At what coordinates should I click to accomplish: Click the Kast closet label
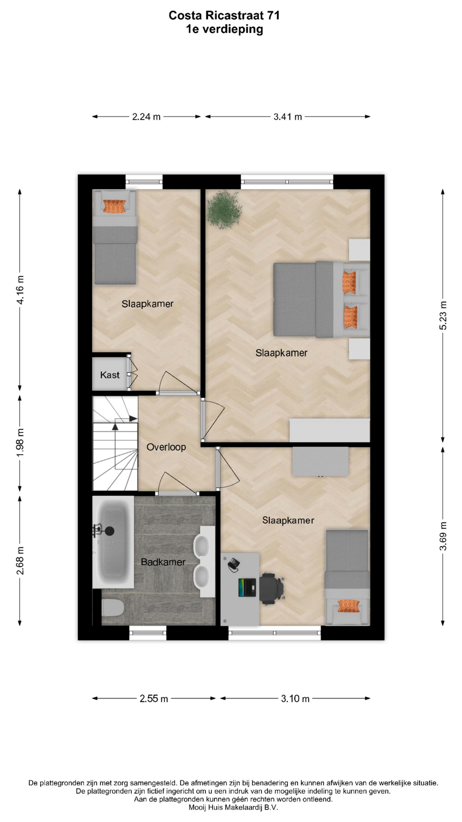(x=110, y=375)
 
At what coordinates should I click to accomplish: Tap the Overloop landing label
(x=166, y=447)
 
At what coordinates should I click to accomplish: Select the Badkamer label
(x=163, y=562)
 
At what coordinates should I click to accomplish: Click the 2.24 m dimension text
(x=146, y=117)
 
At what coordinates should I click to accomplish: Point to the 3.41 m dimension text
(x=288, y=117)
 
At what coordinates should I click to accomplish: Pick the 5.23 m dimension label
(x=443, y=316)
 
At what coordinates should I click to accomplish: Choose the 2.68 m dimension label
(x=20, y=561)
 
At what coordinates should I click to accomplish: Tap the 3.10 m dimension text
(x=295, y=699)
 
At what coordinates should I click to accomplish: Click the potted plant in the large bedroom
(x=224, y=210)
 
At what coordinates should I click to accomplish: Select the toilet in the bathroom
(x=113, y=607)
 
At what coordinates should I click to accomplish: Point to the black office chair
(x=271, y=588)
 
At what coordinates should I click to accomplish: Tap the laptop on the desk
(x=247, y=587)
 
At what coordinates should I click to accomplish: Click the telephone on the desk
(x=234, y=564)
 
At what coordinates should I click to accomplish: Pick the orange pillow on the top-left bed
(x=115, y=206)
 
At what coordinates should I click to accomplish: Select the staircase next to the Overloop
(x=115, y=443)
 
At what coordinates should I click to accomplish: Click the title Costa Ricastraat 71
(x=224, y=16)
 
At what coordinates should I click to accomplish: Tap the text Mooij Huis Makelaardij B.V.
(x=233, y=807)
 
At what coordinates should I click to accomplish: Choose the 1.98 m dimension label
(x=20, y=442)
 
